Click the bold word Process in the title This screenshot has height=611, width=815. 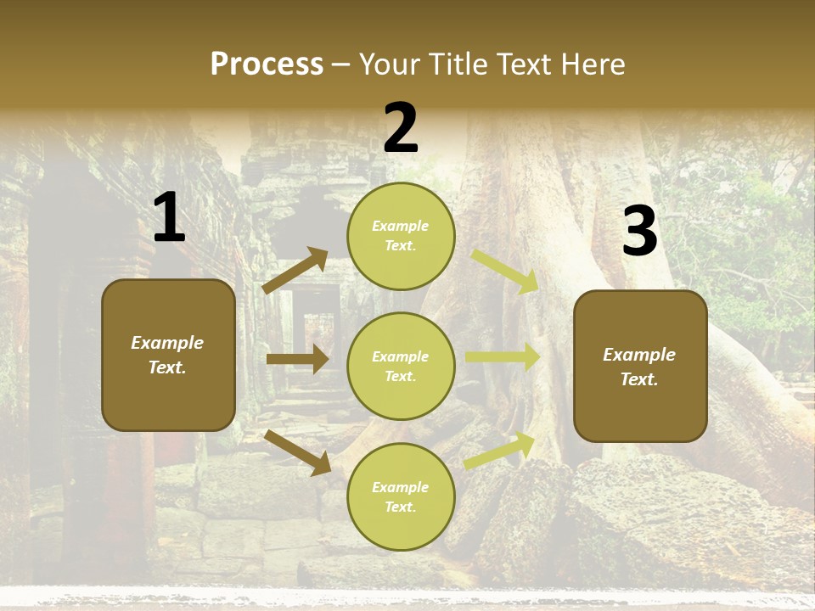coord(267,64)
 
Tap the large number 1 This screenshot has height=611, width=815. coord(169,218)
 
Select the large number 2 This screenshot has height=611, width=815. coord(401,129)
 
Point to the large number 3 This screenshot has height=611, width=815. coord(639,233)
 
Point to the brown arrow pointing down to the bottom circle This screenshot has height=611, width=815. coord(297,451)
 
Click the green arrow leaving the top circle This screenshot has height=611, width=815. coord(504,271)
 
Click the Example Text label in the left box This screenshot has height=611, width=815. coord(167,355)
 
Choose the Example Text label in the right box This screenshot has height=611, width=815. coord(639,367)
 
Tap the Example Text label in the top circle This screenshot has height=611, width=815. coord(401,236)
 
